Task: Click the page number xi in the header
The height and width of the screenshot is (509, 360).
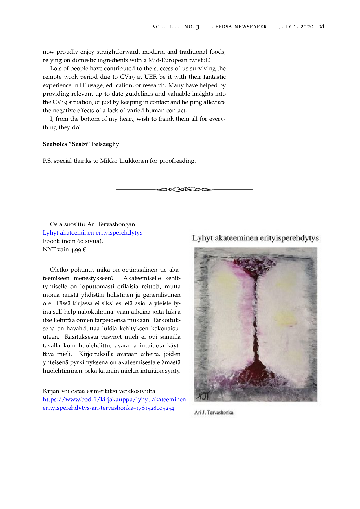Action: coord(322,27)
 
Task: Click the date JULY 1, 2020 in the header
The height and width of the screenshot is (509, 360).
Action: coord(296,27)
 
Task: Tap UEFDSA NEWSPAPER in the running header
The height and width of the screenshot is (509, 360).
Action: coord(239,27)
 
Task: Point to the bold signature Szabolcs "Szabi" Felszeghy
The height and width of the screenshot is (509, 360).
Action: coord(81,144)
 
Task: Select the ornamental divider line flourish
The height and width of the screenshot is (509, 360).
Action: coord(184,190)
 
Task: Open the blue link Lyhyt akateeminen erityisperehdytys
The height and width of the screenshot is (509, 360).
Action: coord(93,233)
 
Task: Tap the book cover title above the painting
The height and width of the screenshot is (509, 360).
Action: coord(256,238)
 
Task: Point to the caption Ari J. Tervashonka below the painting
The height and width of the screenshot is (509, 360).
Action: coord(214,413)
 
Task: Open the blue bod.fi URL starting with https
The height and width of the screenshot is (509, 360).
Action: coord(114,400)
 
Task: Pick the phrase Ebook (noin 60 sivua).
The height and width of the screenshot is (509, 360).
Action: coord(73,241)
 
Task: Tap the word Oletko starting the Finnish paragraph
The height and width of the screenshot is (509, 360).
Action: coord(59,270)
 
